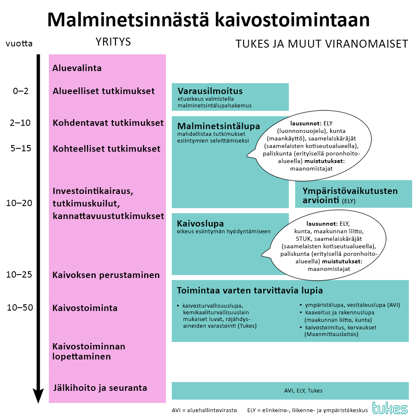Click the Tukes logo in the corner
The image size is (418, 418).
(390, 408)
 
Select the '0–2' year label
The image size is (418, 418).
(20, 91)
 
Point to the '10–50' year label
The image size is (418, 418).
(20, 308)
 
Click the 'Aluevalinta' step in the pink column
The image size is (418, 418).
(77, 68)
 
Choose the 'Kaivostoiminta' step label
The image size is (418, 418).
(85, 308)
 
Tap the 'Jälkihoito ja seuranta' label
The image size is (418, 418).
(100, 388)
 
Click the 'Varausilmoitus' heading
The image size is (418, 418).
(210, 91)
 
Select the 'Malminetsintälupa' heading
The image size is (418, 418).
(219, 126)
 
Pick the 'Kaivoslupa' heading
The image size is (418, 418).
(200, 223)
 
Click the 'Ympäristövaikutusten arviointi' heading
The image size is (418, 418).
(350, 196)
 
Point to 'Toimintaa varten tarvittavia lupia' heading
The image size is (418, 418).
(250, 291)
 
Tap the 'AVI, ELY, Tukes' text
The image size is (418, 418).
(303, 391)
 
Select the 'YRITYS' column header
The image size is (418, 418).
(113, 42)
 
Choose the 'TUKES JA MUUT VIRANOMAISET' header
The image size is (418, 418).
(321, 44)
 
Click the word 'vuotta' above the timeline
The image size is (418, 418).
(19, 43)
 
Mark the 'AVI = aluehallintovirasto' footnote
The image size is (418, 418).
(204, 410)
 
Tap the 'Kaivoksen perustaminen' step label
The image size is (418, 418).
(106, 275)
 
